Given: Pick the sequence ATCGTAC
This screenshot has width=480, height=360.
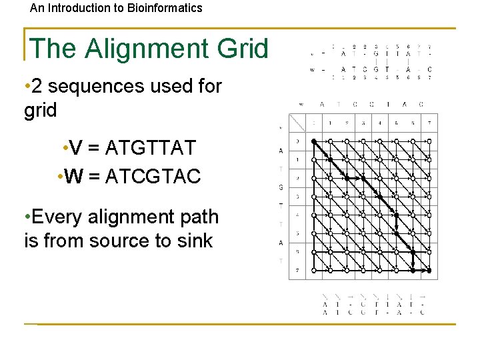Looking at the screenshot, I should coord(157,177).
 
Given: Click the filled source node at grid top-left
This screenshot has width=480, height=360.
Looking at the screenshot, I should coord(313,141).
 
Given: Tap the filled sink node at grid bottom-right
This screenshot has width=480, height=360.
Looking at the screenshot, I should coord(429,271).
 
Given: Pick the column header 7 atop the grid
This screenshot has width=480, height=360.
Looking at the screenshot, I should coord(429,123).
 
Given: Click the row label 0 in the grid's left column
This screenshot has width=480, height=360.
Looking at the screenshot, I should coord(297,141).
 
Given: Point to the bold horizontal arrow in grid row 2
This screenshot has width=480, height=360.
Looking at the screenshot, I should coord(354,178).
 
